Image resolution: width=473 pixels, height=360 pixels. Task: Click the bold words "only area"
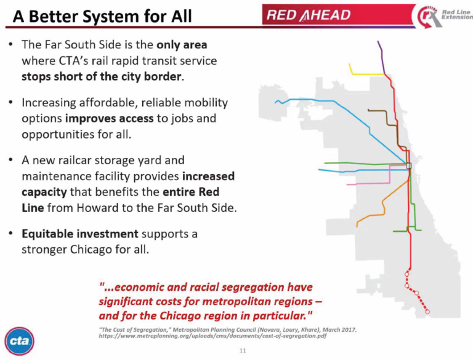pos(182,46)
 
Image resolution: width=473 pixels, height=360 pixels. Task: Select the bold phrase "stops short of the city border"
pos(102,77)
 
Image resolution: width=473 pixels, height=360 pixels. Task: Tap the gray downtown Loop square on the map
pos(408,165)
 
